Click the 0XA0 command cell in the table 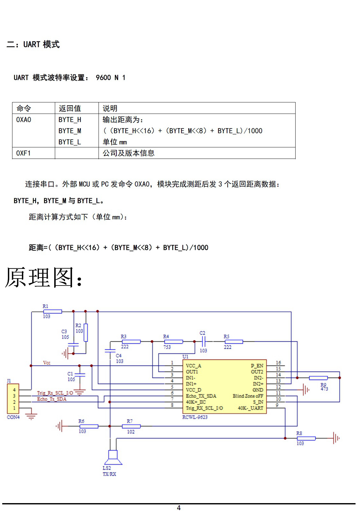pos(24,120)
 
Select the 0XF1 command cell pos(24,153)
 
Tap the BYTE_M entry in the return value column pos(70,131)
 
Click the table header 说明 pos(110,108)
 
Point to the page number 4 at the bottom pos(179,508)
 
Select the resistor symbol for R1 pos(53,311)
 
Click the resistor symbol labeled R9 pos(318,378)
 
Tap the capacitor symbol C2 pos(203,341)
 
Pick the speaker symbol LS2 pos(113,457)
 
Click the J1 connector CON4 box pos(13,398)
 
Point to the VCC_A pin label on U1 pos(194,366)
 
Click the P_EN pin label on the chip pos(257,366)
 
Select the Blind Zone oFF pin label pos(248,396)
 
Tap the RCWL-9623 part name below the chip pos(195,417)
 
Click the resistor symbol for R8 pos(306,439)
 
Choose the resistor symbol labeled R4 pos(173,342)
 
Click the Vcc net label pos(47,363)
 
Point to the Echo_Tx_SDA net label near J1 pos(52,399)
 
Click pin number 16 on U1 pos(278,363)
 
